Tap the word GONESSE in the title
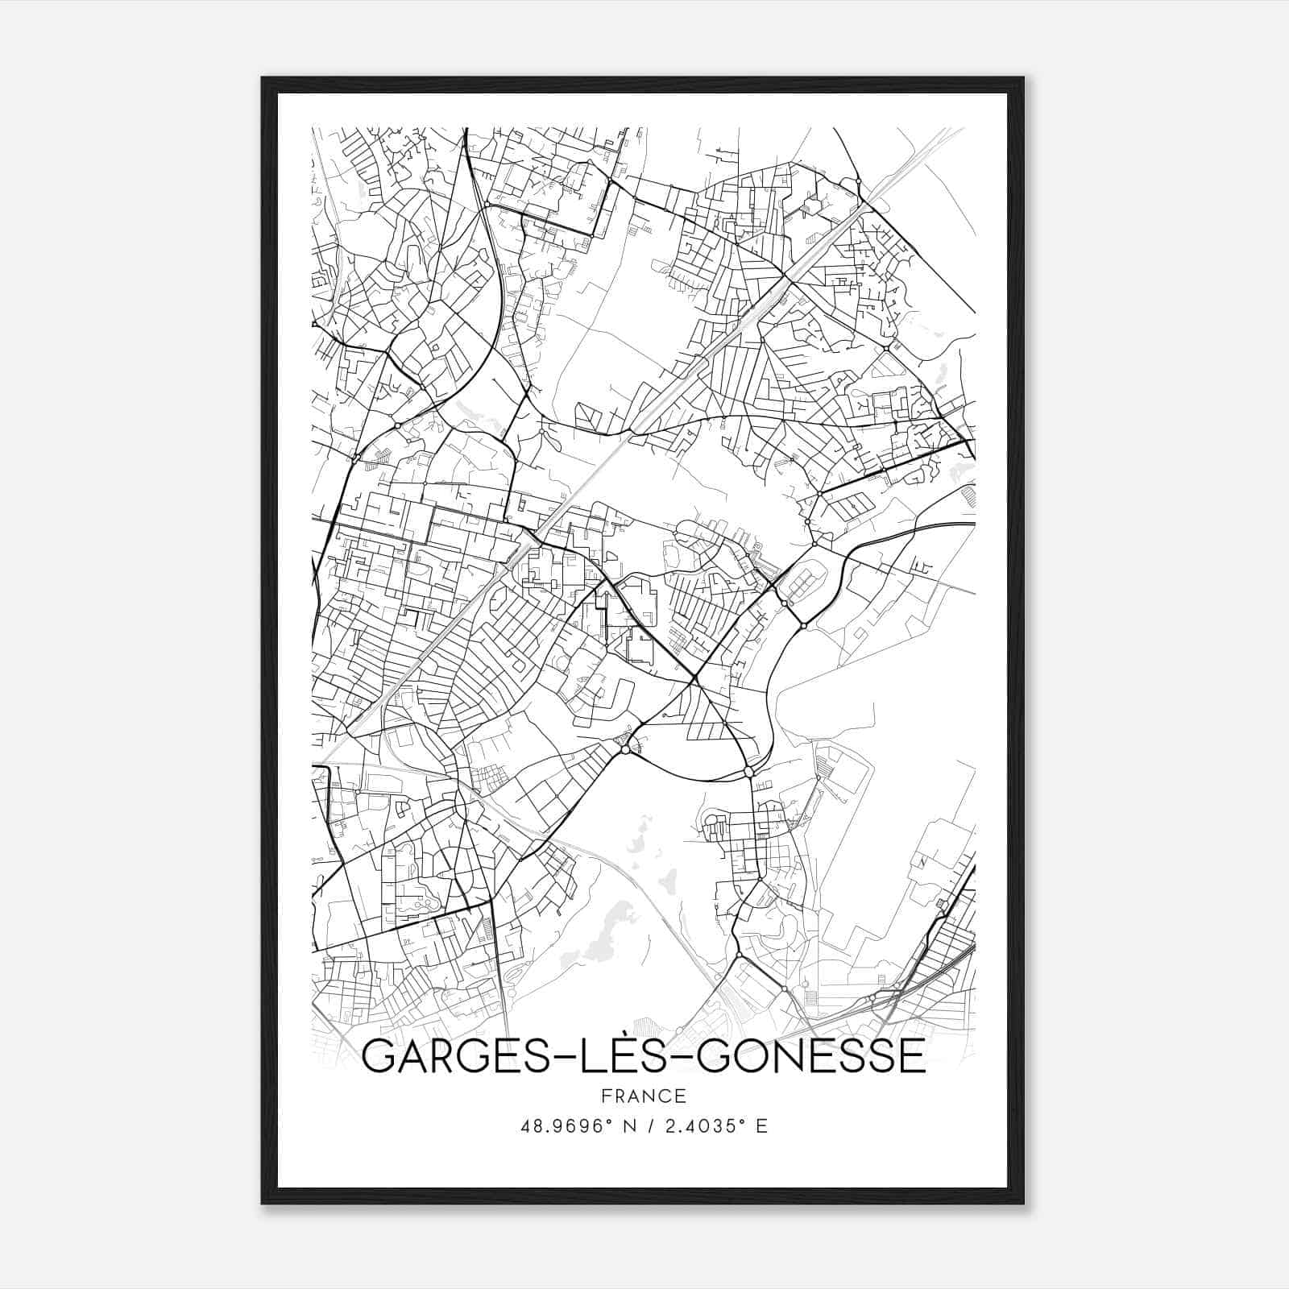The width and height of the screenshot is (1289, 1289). point(810,1057)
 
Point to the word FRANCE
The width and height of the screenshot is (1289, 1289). point(644,1096)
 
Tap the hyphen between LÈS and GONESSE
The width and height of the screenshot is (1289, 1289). point(678,1058)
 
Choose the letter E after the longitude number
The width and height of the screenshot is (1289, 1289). point(761,1126)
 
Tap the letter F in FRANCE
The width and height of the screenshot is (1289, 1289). point(606,1096)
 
